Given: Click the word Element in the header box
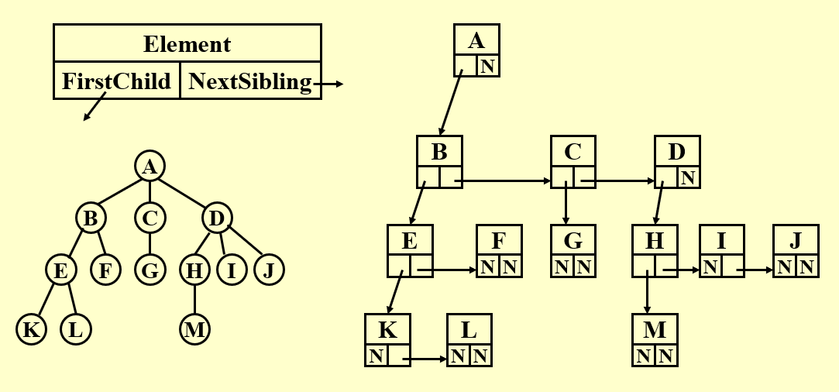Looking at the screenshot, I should [187, 43].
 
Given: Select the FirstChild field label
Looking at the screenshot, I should [116, 81].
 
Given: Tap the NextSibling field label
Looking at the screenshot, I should [250, 81].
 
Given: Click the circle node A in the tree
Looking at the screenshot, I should [150, 166].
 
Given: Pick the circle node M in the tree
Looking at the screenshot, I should [194, 329].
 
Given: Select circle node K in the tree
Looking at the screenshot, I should [32, 329].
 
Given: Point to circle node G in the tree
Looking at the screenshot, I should [150, 270].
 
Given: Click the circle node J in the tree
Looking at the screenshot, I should [269, 270].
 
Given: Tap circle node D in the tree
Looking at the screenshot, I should [217, 219].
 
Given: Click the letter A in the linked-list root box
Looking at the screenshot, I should [476, 41].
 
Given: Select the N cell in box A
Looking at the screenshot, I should [487, 67].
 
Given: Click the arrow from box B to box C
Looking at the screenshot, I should [504, 182].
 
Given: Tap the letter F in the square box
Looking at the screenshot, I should [499, 241].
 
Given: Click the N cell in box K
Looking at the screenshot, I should [377, 356].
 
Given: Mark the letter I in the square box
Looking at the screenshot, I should [721, 241].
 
